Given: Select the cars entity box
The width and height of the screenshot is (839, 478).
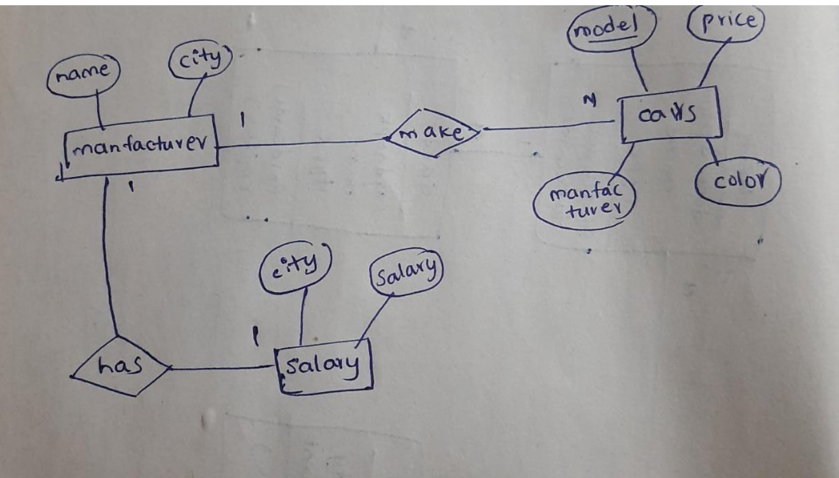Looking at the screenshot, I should tap(670, 114).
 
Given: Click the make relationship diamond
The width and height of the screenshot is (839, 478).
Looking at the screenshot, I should tap(433, 133).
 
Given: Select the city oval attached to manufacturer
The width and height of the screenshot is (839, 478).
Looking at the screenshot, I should tap(200, 59).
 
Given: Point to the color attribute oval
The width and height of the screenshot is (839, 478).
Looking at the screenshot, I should tap(738, 182).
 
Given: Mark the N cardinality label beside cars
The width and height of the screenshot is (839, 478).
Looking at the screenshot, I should tap(591, 101).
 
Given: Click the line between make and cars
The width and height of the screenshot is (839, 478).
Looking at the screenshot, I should tap(548, 126).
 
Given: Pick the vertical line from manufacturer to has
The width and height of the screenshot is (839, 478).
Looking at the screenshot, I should tap(108, 257).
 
